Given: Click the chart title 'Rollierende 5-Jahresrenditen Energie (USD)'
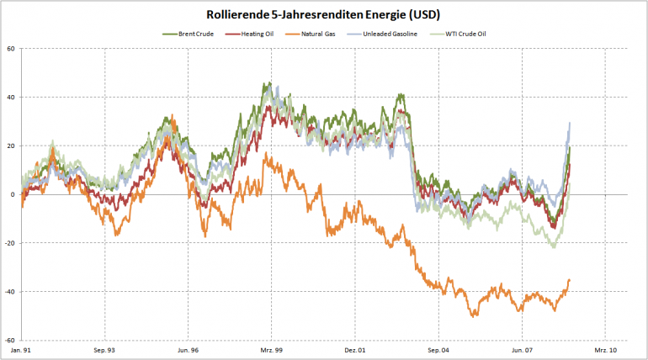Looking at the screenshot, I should point(324,15).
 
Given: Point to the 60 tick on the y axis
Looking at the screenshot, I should point(12,48).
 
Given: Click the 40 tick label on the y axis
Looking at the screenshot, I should point(12,97).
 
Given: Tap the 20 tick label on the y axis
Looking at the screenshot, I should point(12,146).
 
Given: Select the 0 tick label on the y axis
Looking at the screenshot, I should point(13,194).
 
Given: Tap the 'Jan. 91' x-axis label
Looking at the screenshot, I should point(22,349).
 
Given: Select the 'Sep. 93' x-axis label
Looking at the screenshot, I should point(104,349).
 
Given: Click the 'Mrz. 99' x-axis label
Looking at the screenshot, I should point(271,349).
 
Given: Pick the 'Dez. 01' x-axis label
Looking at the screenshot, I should point(355,349).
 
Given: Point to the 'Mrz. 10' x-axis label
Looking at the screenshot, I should point(606,349).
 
